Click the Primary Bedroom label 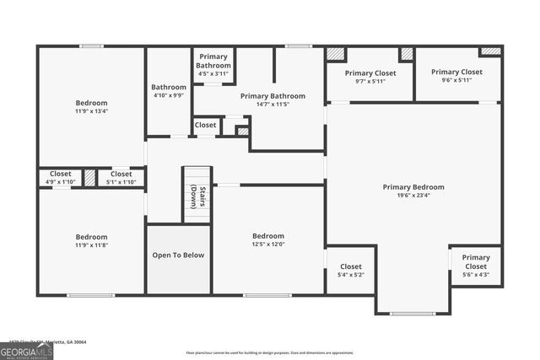413,187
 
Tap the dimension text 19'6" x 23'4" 413,196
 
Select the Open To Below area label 178,255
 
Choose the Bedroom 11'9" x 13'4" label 91,106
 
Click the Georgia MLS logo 26,352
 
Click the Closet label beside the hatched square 205,125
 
